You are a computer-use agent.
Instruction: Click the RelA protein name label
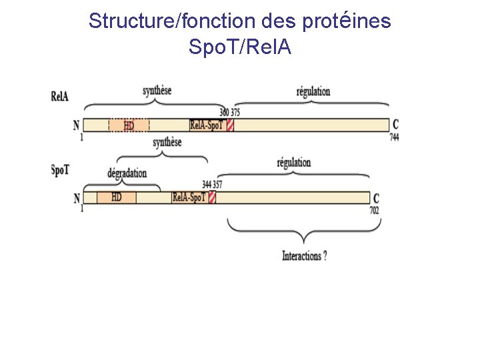coord(59,95)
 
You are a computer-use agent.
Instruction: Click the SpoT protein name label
coord(60,169)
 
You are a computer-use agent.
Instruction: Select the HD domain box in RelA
coord(129,125)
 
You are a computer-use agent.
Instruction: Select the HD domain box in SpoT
coord(116,197)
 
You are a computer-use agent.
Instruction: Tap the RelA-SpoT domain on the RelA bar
coord(207,125)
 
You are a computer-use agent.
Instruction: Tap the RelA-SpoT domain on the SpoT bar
coord(189,197)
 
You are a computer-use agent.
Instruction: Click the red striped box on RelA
coord(230,125)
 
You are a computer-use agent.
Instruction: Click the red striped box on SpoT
coord(212,197)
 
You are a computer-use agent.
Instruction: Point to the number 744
coord(394,137)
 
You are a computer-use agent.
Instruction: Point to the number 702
coord(374,209)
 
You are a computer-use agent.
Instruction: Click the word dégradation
coord(127,173)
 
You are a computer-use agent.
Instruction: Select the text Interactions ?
coord(304,256)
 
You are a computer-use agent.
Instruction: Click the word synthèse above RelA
coord(157,90)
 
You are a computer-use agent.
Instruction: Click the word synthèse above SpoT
coord(167,143)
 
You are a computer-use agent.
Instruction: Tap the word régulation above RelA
coord(313,91)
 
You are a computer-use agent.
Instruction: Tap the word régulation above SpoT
coord(293,162)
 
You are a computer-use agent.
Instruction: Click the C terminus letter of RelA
coord(396,125)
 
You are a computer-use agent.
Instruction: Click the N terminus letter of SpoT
coord(77,198)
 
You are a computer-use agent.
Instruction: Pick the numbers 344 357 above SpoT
coord(212,185)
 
